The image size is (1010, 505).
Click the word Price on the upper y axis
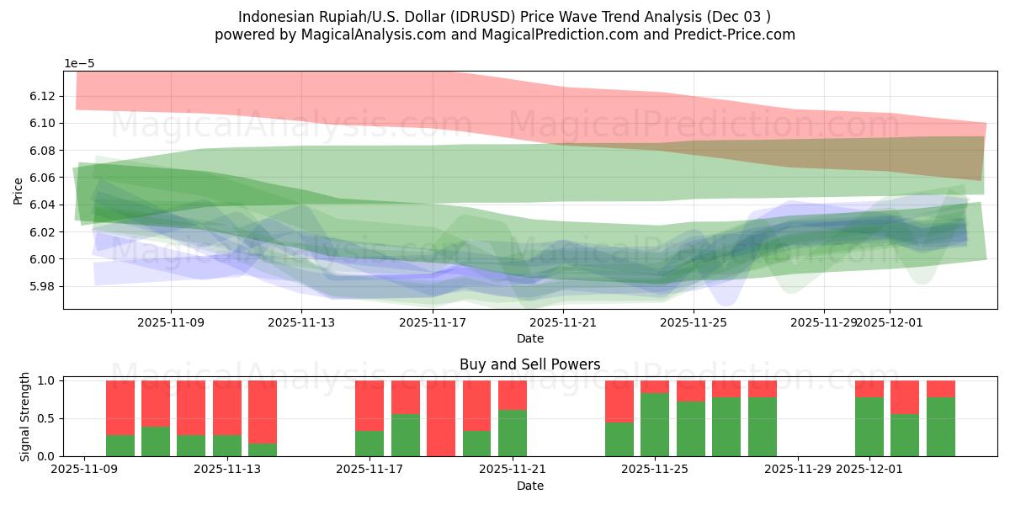[x=19, y=189]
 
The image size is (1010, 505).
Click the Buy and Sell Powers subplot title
[x=529, y=364]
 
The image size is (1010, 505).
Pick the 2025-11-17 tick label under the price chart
[x=432, y=322]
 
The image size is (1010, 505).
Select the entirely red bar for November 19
[x=441, y=418]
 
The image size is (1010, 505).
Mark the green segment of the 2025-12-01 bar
[x=869, y=427]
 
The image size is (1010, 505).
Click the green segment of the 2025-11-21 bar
[x=513, y=433]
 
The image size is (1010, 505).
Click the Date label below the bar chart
[x=529, y=486]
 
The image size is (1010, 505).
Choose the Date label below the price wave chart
[x=529, y=338]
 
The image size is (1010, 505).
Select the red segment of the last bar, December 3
[x=940, y=388]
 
